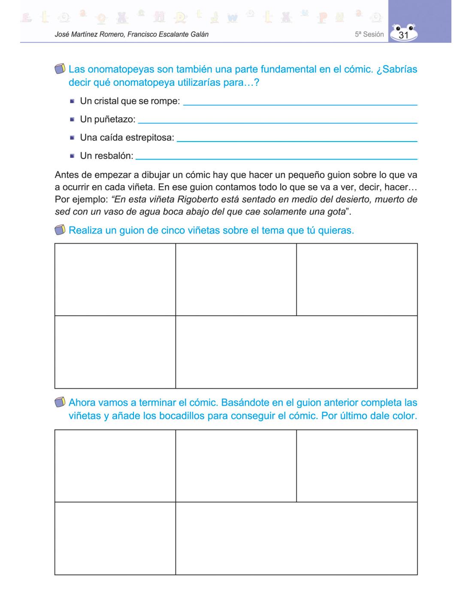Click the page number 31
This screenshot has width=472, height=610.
[x=403, y=35]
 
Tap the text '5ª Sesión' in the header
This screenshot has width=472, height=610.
[x=369, y=34]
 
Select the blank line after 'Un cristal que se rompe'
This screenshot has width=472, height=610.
[x=300, y=104]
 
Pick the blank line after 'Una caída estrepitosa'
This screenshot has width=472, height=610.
[x=297, y=141]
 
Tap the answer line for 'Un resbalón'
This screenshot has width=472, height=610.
[x=276, y=159]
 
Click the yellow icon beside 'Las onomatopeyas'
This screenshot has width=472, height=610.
[x=61, y=69]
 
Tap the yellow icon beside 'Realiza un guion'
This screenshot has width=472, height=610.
[x=61, y=230]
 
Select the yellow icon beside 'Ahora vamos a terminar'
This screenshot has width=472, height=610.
[x=61, y=403]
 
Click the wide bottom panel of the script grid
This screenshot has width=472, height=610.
[x=297, y=352]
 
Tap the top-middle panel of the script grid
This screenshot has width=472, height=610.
[x=236, y=280]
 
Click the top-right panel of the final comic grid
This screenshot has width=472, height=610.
[x=357, y=466]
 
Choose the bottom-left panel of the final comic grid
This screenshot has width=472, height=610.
[x=115, y=538]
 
